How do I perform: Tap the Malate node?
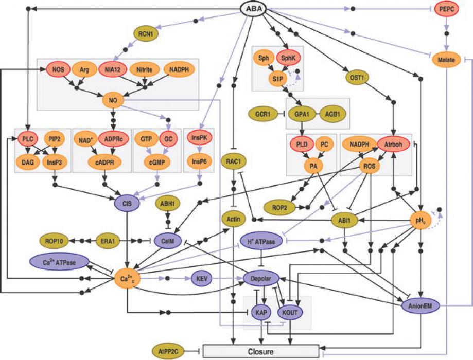[446, 60]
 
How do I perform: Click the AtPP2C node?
[168, 351]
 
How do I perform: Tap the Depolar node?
[264, 278]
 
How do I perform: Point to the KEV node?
[201, 278]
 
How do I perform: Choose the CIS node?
[127, 203]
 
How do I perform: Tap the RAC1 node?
[234, 161]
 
